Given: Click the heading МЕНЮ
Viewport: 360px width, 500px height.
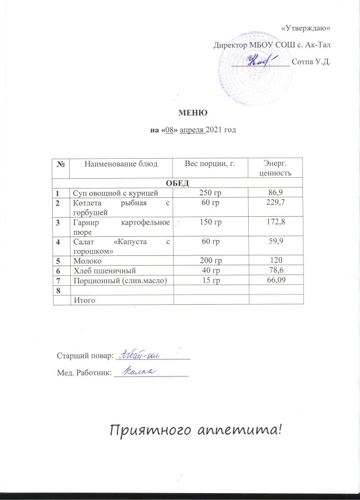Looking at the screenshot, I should point(194,113).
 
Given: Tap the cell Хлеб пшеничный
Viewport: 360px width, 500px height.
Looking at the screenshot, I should point(104,270).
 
